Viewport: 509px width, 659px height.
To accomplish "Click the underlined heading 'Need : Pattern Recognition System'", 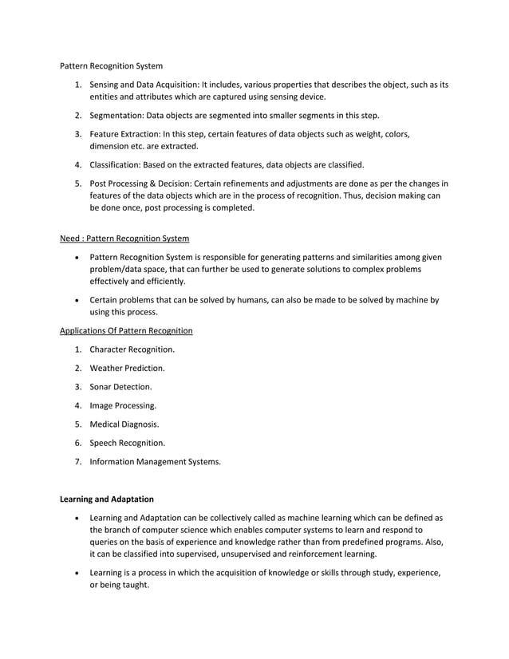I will pyautogui.click(x=124, y=238).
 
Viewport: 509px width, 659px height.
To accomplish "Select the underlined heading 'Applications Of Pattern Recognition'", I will pyautogui.click(x=126, y=330).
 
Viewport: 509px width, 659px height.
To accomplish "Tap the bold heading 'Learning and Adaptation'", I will pyautogui.click(x=108, y=499).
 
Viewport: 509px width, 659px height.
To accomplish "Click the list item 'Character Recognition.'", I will pyautogui.click(x=132, y=349).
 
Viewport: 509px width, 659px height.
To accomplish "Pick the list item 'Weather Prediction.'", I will pyautogui.click(x=127, y=368).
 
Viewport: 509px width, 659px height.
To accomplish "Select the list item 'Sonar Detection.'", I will pyautogui.click(x=120, y=387).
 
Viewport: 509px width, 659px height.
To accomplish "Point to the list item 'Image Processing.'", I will pyautogui.click(x=123, y=405).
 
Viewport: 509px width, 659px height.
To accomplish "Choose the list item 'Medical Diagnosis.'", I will pyautogui.click(x=124, y=424).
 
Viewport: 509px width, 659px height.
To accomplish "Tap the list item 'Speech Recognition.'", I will pyautogui.click(x=128, y=442).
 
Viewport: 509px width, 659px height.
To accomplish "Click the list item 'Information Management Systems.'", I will pyautogui.click(x=155, y=460).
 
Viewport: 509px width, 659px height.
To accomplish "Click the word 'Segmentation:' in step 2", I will pyautogui.click(x=117, y=116).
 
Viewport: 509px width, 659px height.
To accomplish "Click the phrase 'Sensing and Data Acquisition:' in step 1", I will pyautogui.click(x=146, y=85).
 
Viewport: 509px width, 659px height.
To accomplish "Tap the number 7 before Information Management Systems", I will pyautogui.click(x=77, y=460).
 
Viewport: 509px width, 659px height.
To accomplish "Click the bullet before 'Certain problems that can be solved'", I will pyautogui.click(x=77, y=300).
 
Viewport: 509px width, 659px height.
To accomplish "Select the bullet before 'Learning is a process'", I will pyautogui.click(x=77, y=573).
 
